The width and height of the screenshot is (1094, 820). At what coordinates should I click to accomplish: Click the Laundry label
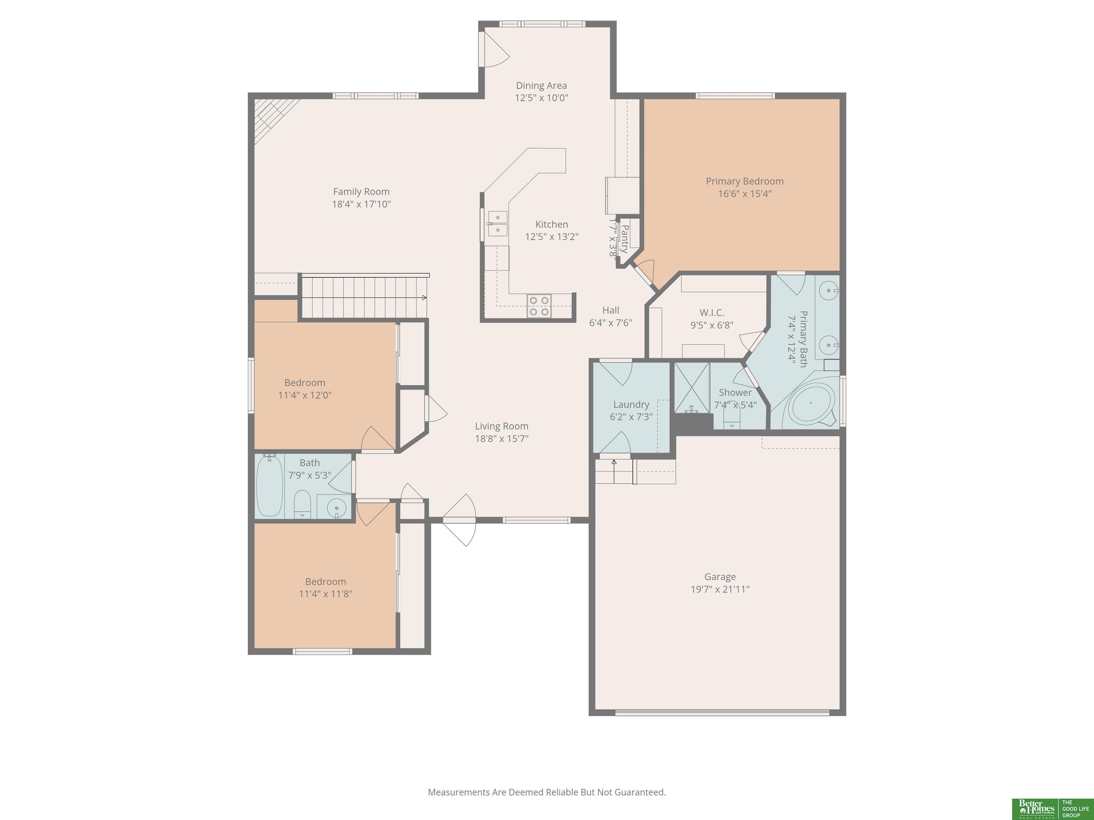click(631, 404)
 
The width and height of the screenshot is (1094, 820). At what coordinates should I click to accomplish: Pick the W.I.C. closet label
click(712, 312)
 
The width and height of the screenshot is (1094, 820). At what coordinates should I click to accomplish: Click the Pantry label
click(624, 239)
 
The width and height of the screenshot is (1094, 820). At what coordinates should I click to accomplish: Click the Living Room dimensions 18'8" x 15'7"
click(501, 438)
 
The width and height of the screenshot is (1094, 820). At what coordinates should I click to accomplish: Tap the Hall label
click(611, 310)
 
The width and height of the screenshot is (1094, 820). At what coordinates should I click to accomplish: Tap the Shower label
click(735, 393)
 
